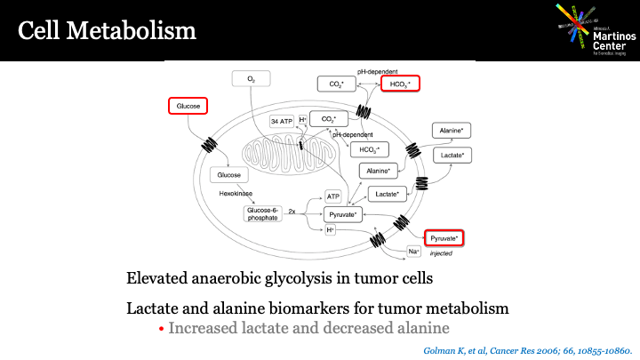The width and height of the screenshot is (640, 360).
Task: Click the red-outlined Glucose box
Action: point(188,106)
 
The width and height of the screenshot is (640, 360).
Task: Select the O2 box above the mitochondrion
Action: point(252,79)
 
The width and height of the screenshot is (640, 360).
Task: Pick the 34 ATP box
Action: point(282,121)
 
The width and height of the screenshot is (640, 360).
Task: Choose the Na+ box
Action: point(414,252)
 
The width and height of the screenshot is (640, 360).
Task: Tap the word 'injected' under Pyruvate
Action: point(442,254)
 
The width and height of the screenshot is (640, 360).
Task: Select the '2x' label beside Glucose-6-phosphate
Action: point(292,212)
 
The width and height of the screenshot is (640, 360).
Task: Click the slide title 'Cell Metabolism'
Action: point(107,31)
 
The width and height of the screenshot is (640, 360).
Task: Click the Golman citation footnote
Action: point(530,349)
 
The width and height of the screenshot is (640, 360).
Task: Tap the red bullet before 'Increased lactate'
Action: point(161,329)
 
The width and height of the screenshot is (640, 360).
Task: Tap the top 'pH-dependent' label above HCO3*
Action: point(378,69)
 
